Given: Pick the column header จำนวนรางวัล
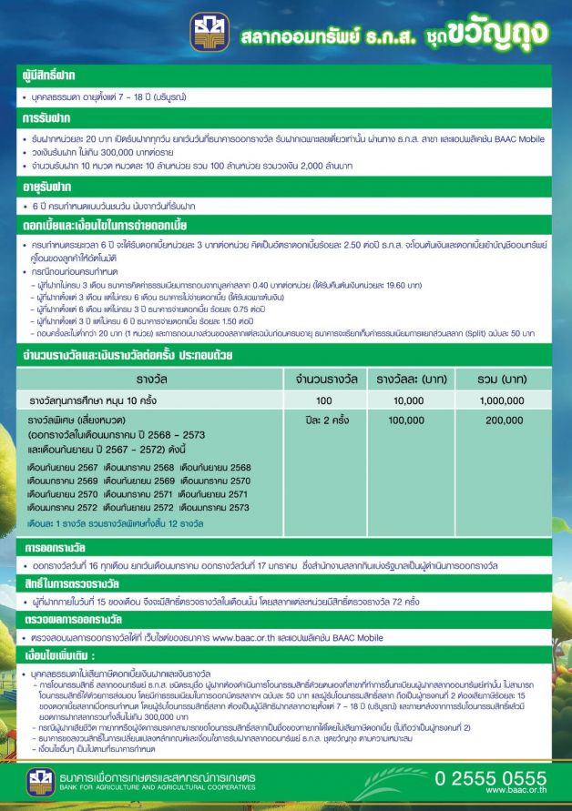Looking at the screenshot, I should tap(323, 377).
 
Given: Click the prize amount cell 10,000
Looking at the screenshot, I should tap(406, 400).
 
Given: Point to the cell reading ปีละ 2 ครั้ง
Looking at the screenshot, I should tap(323, 422).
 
